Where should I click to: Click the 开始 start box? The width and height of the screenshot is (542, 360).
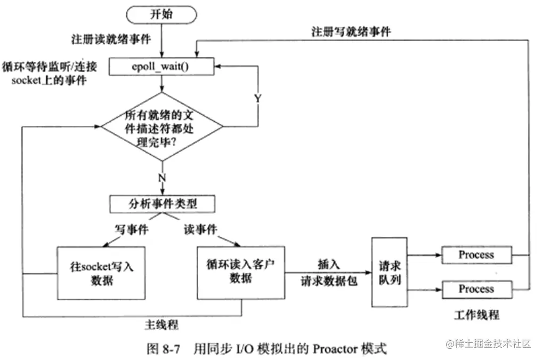[x=161, y=14]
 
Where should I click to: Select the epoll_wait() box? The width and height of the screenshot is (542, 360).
[x=161, y=67]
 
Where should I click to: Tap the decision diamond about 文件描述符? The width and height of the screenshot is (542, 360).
[x=161, y=126]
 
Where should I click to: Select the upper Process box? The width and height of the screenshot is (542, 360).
[x=476, y=255]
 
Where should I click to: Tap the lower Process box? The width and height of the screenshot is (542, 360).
[x=476, y=289]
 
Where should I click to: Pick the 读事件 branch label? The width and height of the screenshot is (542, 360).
[x=199, y=229]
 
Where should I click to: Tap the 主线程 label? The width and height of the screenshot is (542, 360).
[x=161, y=324]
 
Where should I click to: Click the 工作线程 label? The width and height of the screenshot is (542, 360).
[x=476, y=314]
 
